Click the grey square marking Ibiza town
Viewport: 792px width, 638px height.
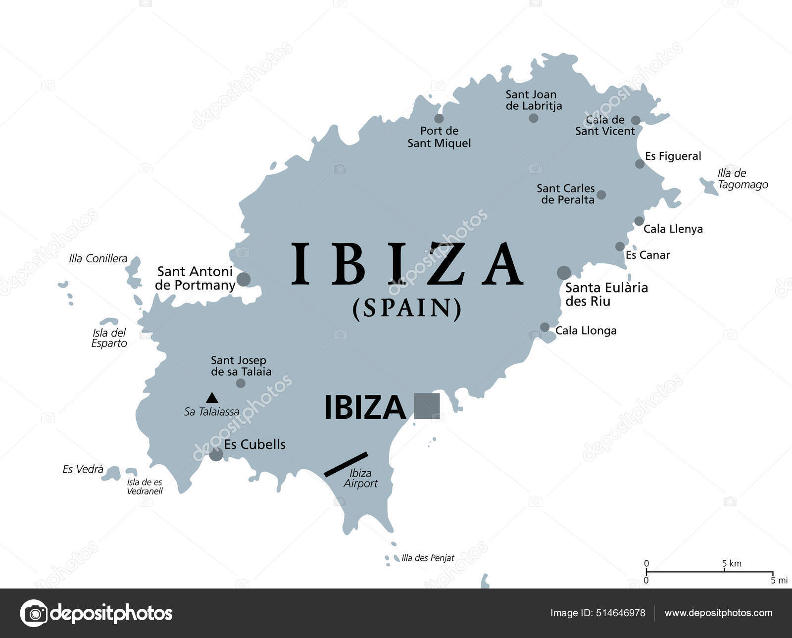[427, 406]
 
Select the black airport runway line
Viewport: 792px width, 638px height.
[346, 464]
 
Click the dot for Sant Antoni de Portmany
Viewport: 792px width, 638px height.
[244, 279]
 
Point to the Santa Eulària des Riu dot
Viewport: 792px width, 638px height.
[564, 272]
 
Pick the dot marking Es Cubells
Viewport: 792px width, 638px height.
[216, 454]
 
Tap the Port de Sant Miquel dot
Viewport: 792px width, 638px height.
[439, 118]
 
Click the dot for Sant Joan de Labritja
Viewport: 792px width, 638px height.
[533, 118]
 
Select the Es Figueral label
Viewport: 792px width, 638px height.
[673, 156]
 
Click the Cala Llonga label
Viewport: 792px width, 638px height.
[586, 331]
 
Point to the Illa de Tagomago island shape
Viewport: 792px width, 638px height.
[709, 186]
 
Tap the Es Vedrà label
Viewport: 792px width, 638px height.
[83, 469]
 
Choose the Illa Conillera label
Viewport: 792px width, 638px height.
[98, 258]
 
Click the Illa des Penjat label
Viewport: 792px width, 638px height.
[428, 558]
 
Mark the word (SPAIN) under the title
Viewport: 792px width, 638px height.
[407, 308]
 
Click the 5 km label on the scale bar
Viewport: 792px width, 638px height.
[732, 563]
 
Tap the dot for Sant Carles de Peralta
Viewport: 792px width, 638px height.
[601, 195]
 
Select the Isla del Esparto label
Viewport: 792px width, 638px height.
[109, 338]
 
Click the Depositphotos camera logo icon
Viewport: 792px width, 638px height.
[34, 613]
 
